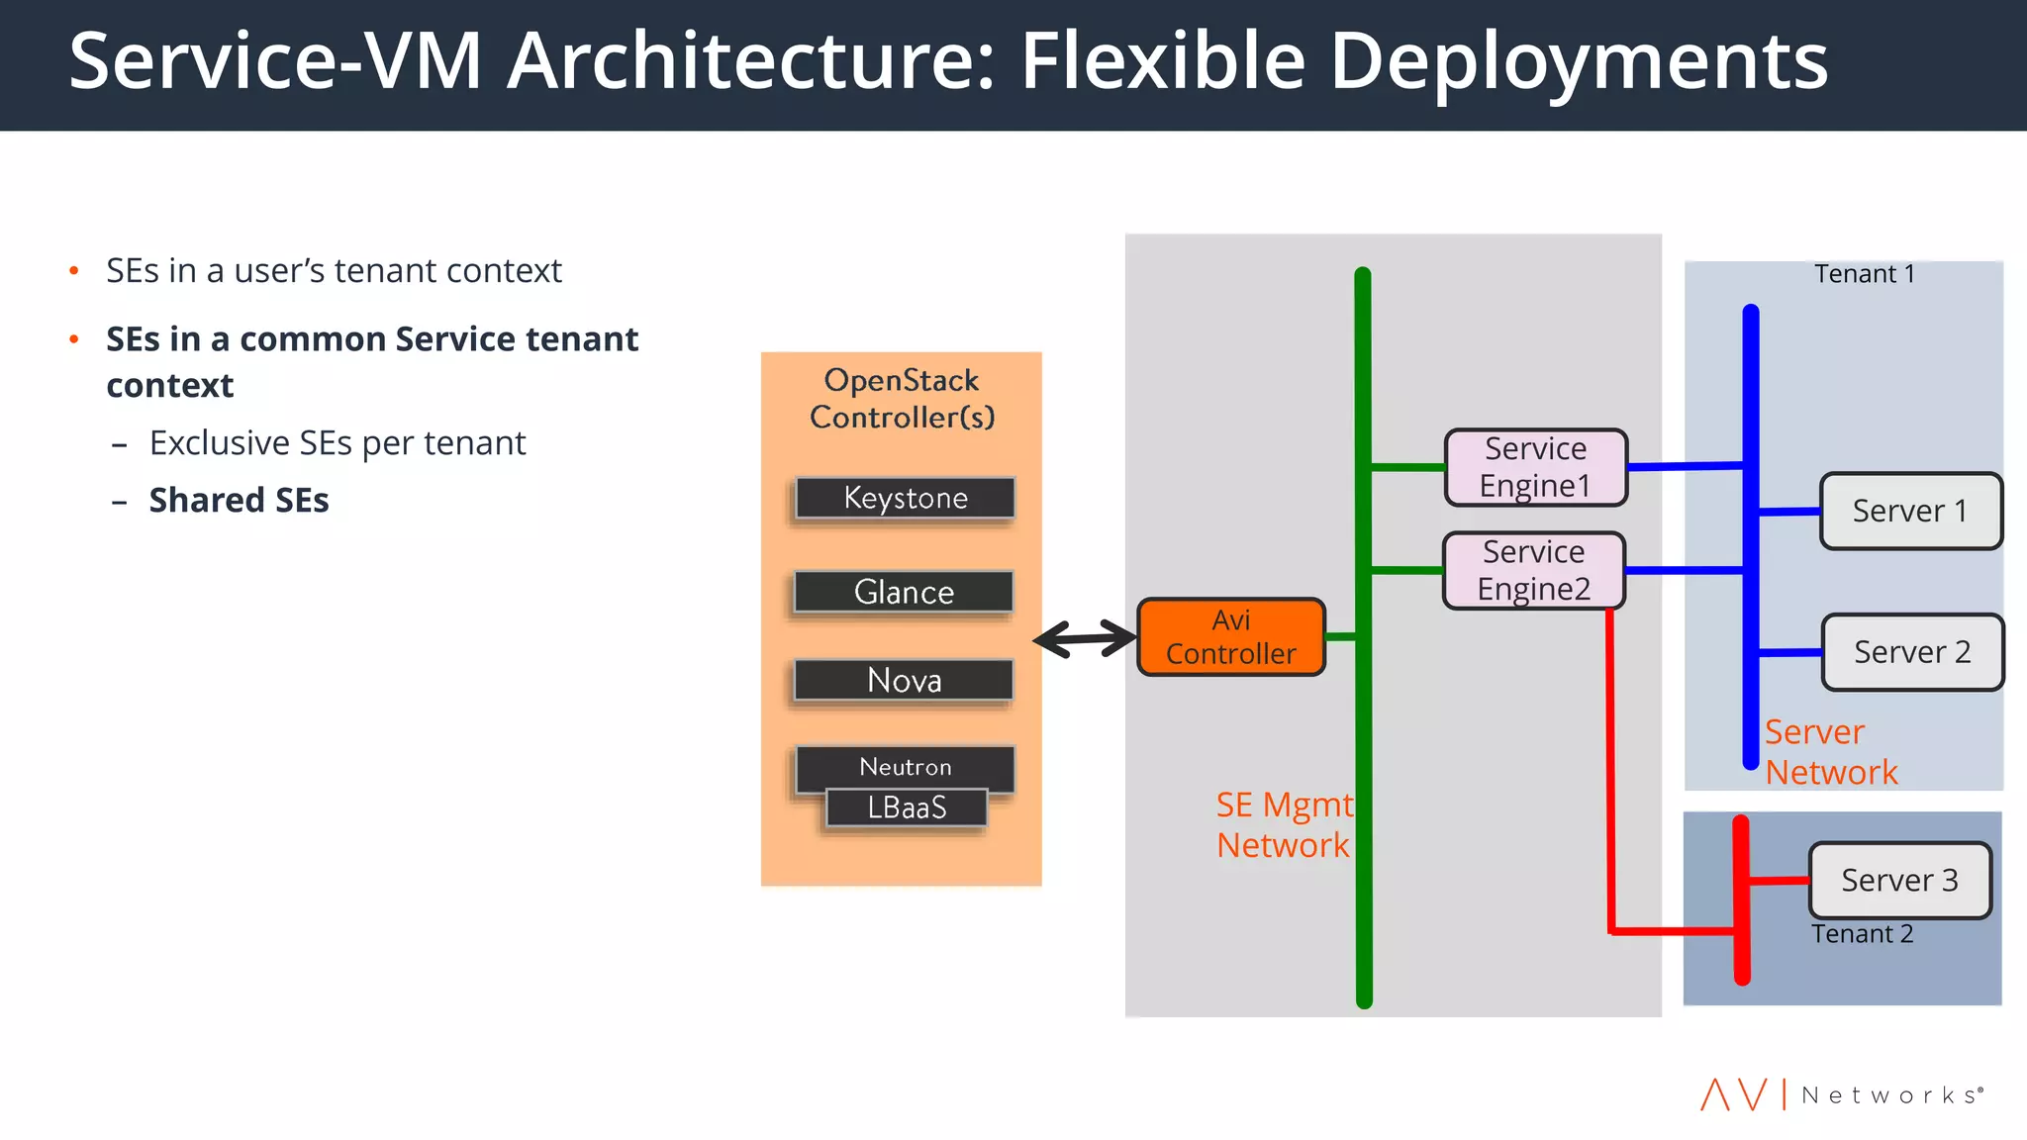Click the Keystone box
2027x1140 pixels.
[905, 498]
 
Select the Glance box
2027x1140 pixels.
[904, 592]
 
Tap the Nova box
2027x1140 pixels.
[904, 680]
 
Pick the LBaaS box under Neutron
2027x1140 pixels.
[907, 807]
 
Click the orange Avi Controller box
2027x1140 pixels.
[1230, 637]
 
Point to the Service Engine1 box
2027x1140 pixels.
[1535, 467]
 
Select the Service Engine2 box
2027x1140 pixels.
[1533, 570]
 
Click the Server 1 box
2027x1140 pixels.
[1910, 511]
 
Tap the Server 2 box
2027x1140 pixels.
[1912, 652]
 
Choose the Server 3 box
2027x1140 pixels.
[1899, 880]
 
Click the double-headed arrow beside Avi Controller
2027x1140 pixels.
[1086, 638]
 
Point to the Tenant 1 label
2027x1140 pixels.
[1864, 274]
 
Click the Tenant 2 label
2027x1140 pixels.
[1862, 934]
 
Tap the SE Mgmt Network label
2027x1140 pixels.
[1284, 824]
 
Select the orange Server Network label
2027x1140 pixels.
[1830, 752]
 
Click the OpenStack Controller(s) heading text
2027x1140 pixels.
[902, 399]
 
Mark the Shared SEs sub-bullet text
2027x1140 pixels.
[239, 501]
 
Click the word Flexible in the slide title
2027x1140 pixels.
[1163, 61]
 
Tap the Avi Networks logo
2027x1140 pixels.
[1842, 1094]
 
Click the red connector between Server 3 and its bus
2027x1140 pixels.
[1779, 880]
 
